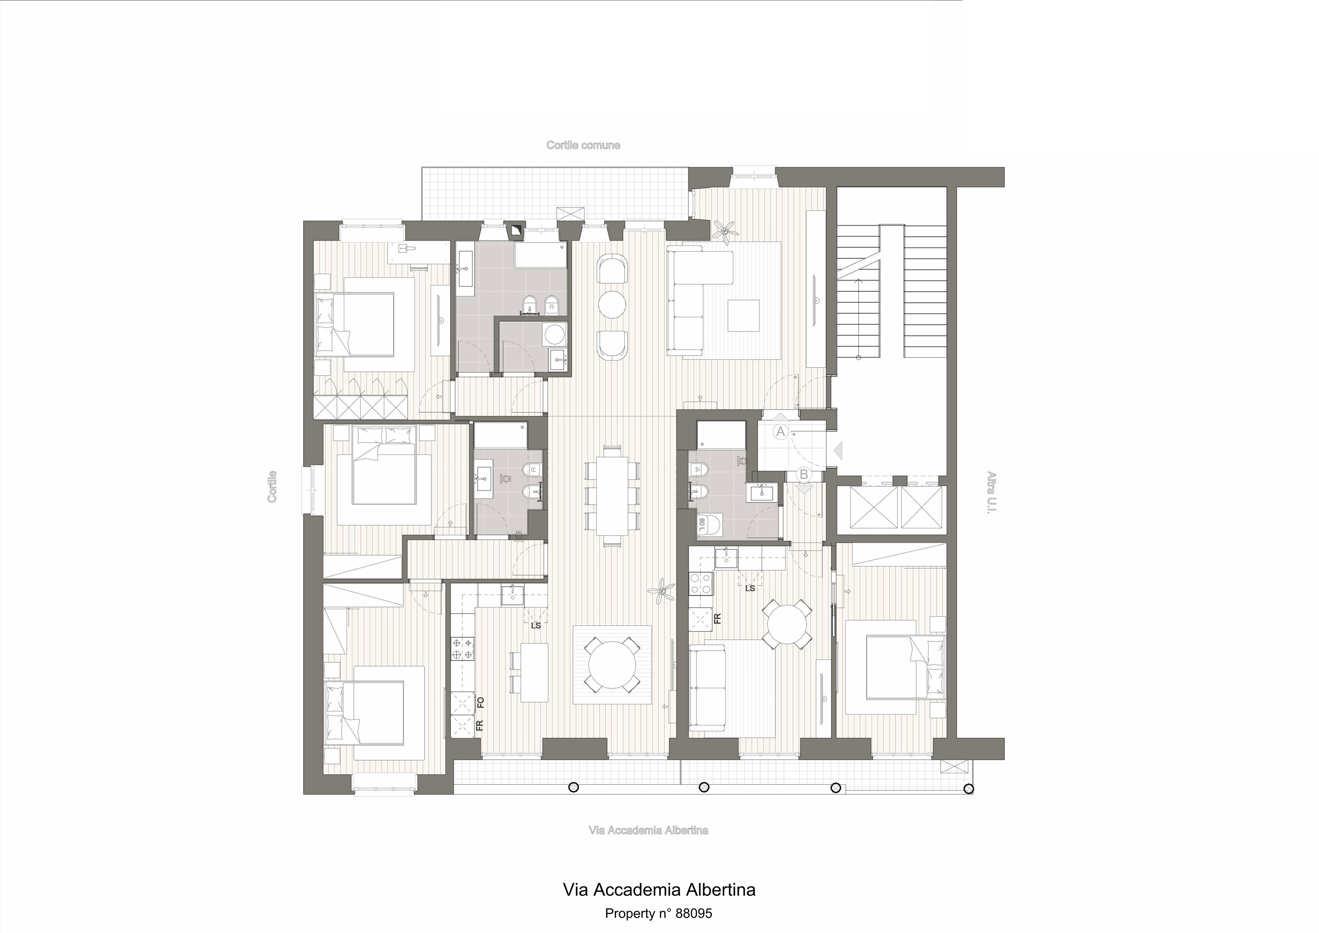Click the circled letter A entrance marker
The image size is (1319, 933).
780,431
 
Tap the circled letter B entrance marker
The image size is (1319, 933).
804,474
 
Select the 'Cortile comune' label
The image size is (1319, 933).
583,145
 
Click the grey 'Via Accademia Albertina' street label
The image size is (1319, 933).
648,830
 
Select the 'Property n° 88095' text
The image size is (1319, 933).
658,913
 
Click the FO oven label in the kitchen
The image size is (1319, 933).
481,702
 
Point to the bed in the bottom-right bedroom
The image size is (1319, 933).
895,667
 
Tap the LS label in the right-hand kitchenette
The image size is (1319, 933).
750,588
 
